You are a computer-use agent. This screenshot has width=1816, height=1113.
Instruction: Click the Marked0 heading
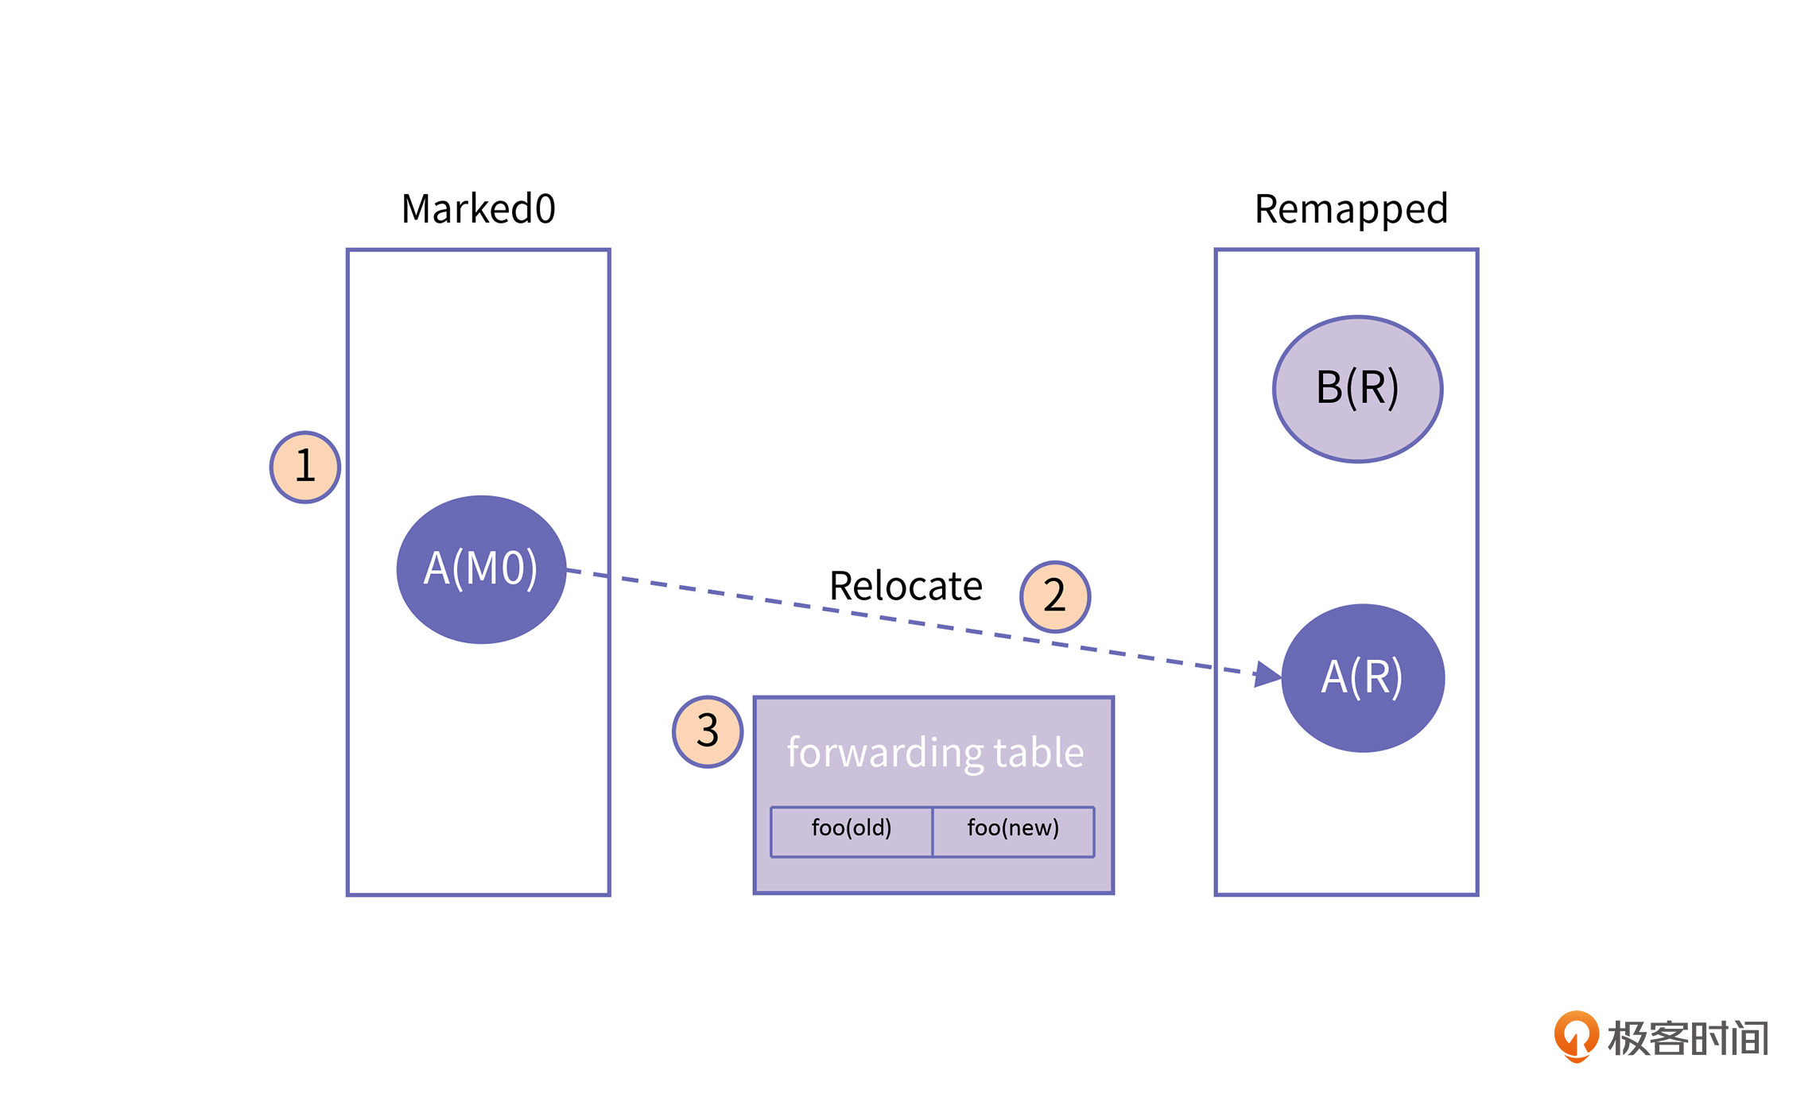tap(478, 209)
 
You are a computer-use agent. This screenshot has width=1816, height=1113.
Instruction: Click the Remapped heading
tap(1351, 209)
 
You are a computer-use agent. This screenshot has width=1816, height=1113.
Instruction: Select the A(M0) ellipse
tap(481, 569)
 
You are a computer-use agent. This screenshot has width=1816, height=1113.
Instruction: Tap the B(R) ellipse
tap(1357, 389)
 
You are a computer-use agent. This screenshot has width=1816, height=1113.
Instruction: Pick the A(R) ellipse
tap(1363, 677)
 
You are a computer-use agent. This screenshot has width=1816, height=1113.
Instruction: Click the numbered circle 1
tap(305, 467)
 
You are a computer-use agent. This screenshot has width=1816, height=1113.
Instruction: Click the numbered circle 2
tap(1055, 596)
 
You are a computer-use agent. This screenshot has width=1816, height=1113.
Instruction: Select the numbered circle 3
tap(708, 731)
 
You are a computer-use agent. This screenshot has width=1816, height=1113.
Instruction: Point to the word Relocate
tap(906, 586)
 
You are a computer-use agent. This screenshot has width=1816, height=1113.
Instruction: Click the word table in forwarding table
tap(1038, 752)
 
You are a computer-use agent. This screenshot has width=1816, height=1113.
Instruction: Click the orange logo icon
tap(1576, 1035)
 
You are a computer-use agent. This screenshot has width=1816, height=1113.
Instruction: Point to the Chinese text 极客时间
tap(1688, 1038)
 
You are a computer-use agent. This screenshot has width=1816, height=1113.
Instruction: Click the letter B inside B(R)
tap(1329, 388)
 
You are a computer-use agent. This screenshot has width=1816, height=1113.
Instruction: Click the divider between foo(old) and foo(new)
tap(932, 832)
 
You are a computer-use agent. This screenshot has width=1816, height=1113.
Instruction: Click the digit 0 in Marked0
tap(545, 209)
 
